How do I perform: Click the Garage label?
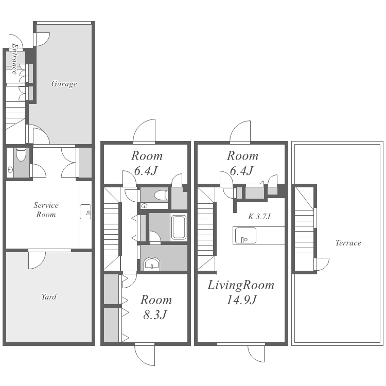coord(64,84)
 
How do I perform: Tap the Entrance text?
coord(15,59)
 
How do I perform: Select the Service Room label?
coord(46,210)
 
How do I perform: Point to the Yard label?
coord(49,296)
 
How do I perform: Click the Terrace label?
coord(348,243)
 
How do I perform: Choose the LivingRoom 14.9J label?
coord(241,292)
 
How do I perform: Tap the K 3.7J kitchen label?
coord(259,216)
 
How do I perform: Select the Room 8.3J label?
coord(156,307)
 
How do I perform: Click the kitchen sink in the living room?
coord(245,236)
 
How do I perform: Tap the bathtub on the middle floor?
coord(179,227)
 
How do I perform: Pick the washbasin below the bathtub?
coord(152,263)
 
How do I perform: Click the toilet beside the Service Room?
coord(21,154)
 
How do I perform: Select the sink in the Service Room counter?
coord(85,212)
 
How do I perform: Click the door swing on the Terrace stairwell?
coord(322,264)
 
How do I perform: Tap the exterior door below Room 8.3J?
coord(145,355)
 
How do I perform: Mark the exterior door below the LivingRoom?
coord(256,354)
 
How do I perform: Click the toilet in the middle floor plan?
coord(161,195)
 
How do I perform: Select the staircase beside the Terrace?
coord(304,229)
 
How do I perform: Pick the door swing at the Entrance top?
coord(16,41)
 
